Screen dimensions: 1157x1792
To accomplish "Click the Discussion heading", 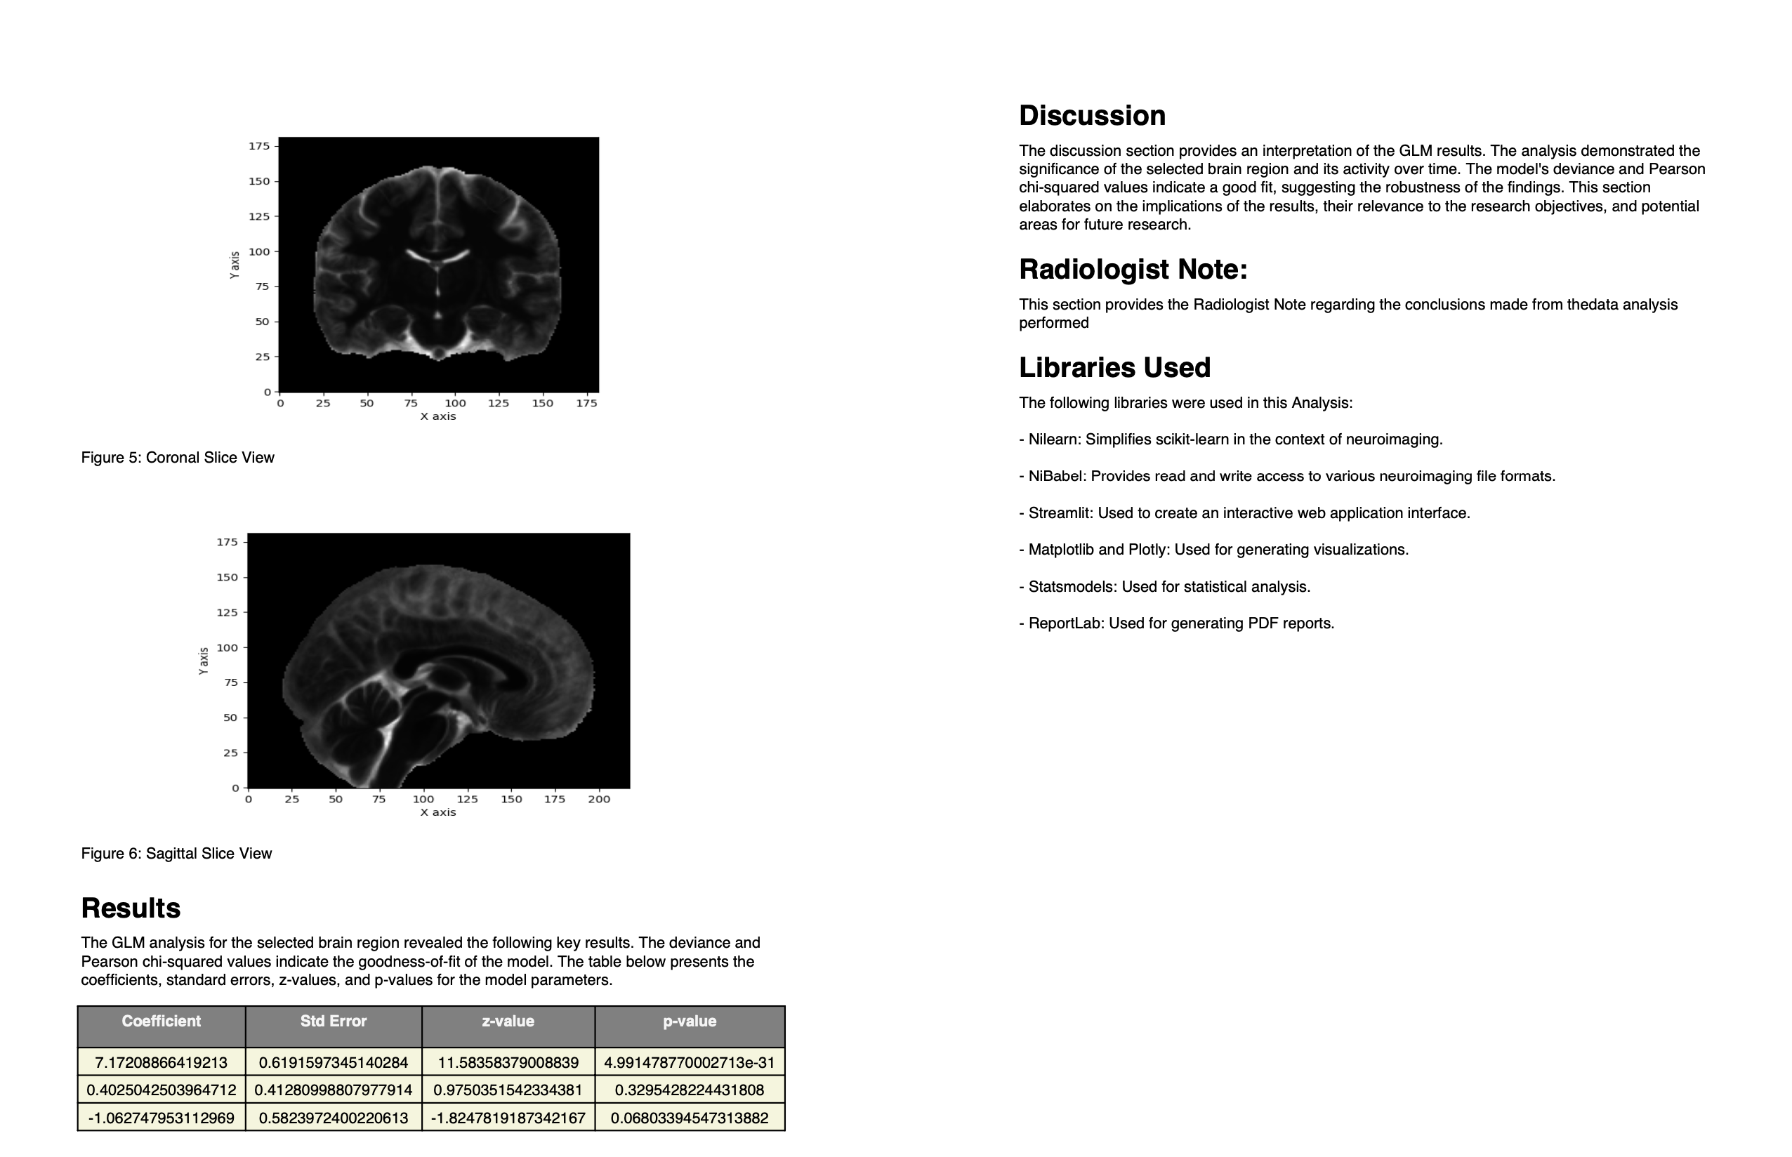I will (x=1091, y=116).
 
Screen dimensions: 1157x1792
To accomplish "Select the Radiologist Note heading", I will (x=1133, y=269).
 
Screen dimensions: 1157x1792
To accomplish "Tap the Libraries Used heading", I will (x=1114, y=367).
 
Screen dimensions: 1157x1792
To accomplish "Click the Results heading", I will (x=130, y=908).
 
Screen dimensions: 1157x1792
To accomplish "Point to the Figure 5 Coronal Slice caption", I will (x=178, y=458).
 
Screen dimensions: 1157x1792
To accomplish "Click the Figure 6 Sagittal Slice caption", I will (x=176, y=854).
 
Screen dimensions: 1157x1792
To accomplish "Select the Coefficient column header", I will (x=161, y=1021).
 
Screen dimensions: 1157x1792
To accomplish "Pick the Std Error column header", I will (x=333, y=1021).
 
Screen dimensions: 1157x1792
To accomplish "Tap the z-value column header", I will (x=508, y=1021).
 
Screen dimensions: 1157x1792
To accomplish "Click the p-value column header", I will (x=689, y=1021).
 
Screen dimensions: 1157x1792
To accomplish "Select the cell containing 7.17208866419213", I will (x=161, y=1062).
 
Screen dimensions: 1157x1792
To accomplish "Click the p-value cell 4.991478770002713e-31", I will (x=689, y=1062).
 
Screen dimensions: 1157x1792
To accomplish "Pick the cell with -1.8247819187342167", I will (x=508, y=1118).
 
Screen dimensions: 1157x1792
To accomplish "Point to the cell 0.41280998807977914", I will (x=333, y=1090).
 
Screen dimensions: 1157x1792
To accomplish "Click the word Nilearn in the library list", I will (x=1053, y=439).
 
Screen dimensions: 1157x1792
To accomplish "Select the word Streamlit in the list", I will (x=1060, y=513).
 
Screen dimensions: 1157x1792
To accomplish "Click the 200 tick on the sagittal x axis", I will (x=599, y=800).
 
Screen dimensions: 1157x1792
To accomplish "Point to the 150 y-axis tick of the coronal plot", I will (x=259, y=181).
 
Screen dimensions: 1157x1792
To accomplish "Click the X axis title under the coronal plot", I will (x=437, y=416).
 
